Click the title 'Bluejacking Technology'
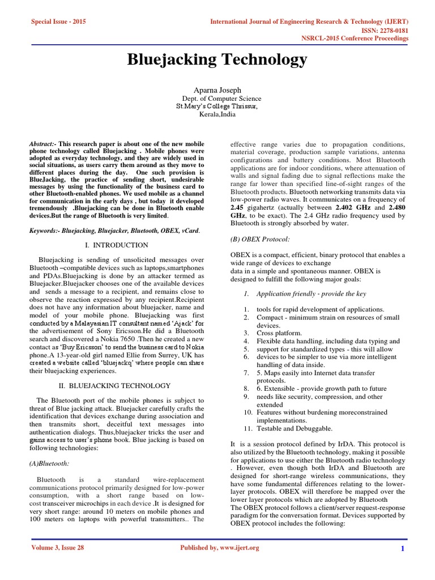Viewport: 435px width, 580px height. [217, 59]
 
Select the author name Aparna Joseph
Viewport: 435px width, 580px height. [217, 89]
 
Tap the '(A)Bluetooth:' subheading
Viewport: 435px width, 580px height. [49, 463]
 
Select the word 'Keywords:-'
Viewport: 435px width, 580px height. [44, 231]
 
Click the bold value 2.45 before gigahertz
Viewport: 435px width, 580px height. [238, 207]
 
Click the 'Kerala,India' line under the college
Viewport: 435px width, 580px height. [217, 114]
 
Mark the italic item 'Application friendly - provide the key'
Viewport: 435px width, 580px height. [311, 293]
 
